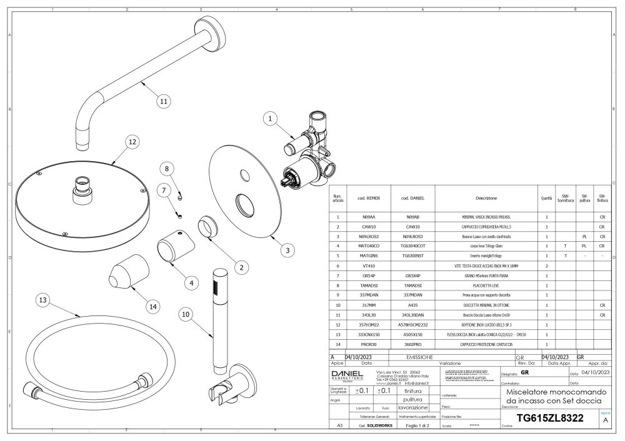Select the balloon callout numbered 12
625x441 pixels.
[132, 142]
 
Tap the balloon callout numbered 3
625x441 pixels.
[286, 250]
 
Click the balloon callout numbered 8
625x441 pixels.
[167, 168]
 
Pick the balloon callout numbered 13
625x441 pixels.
[42, 300]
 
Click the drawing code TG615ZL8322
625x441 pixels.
[549, 419]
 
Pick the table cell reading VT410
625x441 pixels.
[368, 266]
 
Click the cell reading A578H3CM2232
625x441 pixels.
[411, 325]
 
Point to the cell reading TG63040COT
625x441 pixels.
[411, 247]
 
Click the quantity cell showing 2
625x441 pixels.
[547, 266]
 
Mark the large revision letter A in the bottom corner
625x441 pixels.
[604, 420]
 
